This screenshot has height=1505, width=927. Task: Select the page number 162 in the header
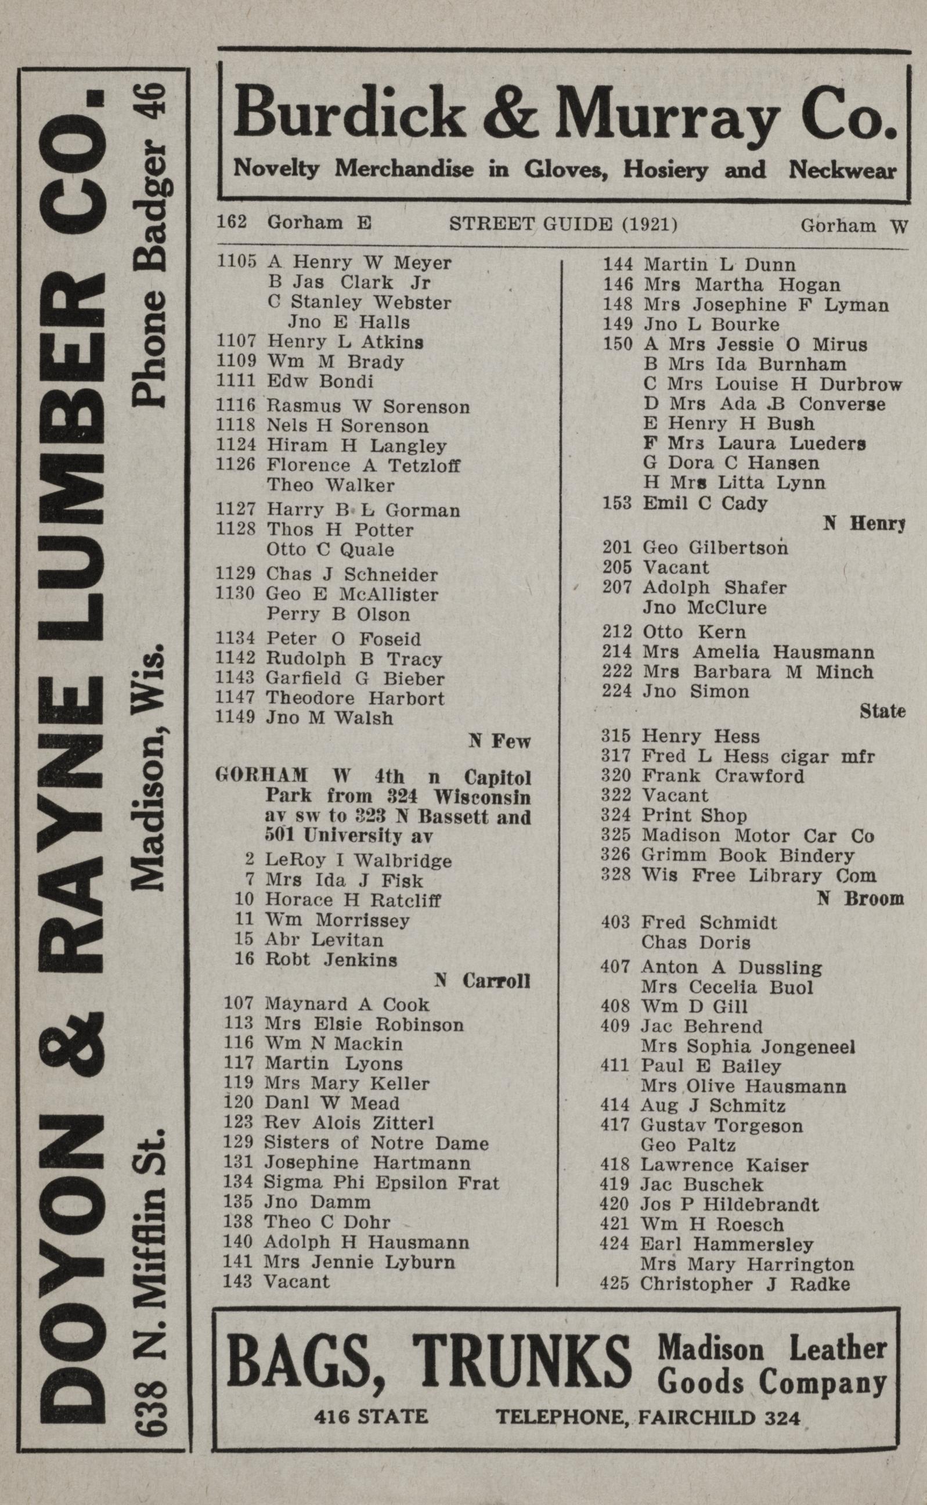click(x=232, y=221)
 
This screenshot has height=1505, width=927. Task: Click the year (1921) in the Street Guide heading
click(x=650, y=225)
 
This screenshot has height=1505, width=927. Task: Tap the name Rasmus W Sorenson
click(x=368, y=406)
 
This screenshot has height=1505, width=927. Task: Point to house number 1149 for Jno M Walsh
click(x=235, y=717)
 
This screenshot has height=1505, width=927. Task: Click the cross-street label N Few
click(x=499, y=741)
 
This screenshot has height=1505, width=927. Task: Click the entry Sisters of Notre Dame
click(x=376, y=1143)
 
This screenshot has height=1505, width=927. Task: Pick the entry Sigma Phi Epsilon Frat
click(x=381, y=1182)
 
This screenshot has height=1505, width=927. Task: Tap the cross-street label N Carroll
click(x=482, y=981)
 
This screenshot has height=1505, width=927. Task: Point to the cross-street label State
click(x=882, y=711)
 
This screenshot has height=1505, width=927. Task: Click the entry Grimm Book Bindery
click(x=748, y=855)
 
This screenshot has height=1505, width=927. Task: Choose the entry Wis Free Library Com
click(x=759, y=876)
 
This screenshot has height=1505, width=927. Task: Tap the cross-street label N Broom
click(x=860, y=899)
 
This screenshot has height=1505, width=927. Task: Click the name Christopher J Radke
click(x=745, y=1284)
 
